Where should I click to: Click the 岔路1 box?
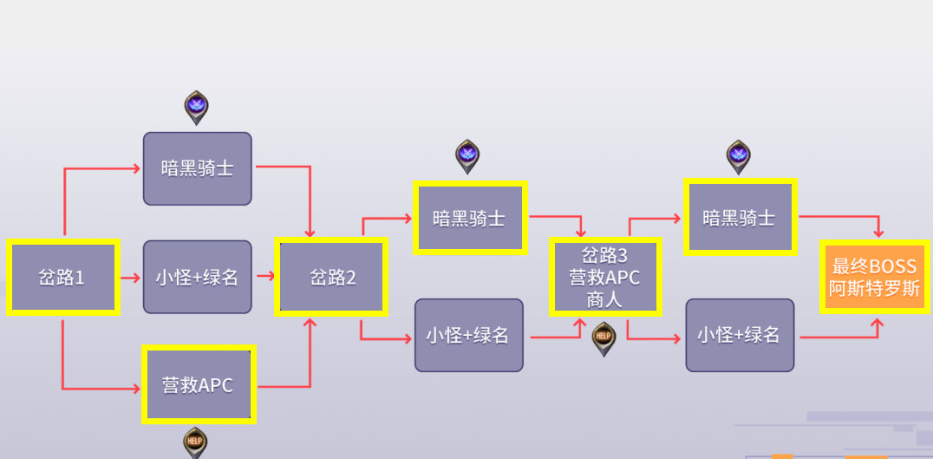pyautogui.click(x=62, y=278)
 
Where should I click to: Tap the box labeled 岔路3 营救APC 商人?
pyautogui.click(x=605, y=278)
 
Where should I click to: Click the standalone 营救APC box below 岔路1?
pyautogui.click(x=198, y=384)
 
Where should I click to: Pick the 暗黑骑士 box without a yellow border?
pyautogui.click(x=198, y=168)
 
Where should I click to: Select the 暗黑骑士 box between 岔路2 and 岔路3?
pyautogui.click(x=469, y=218)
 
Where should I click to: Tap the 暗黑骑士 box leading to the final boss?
pyautogui.click(x=740, y=218)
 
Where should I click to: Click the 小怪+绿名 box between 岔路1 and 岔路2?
pyautogui.click(x=198, y=278)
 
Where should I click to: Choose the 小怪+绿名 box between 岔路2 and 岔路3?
pyautogui.click(x=469, y=335)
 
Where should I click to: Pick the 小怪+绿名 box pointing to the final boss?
pyautogui.click(x=740, y=335)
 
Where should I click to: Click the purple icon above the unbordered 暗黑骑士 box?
pyautogui.click(x=198, y=107)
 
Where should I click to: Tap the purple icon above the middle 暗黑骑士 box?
pyautogui.click(x=468, y=155)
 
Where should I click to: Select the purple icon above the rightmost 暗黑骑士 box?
pyautogui.click(x=739, y=155)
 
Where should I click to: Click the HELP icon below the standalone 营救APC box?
pyautogui.click(x=196, y=442)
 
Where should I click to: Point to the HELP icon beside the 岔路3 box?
pyautogui.click(x=604, y=337)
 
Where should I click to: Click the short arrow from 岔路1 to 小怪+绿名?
pyautogui.click(x=130, y=279)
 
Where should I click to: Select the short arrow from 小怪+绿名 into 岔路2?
pyautogui.click(x=265, y=278)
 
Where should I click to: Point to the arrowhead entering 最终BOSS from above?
pyautogui.click(x=878, y=232)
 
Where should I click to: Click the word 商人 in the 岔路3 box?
pyautogui.click(x=605, y=300)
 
